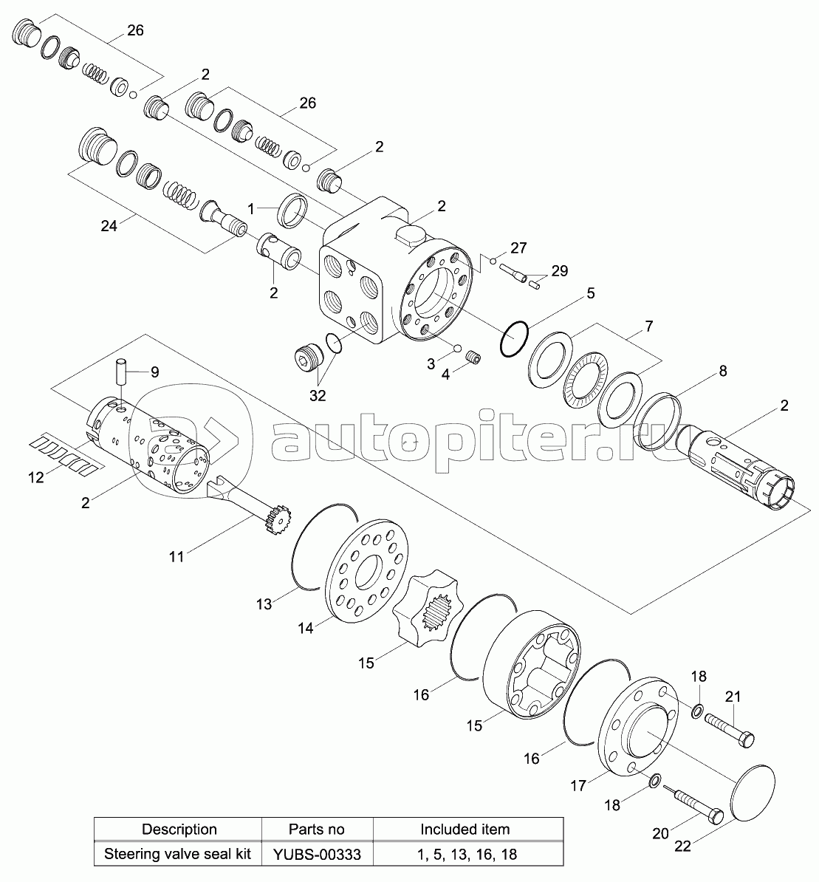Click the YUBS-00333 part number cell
[317, 854]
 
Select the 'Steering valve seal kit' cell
[177, 854]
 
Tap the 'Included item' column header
[465, 829]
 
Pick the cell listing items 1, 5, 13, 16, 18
[467, 854]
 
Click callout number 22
[682, 846]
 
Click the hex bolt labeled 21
[729, 730]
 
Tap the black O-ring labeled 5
[514, 338]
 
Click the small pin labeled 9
[122, 372]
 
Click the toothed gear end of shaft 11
[278, 519]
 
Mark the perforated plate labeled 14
[366, 570]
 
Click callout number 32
[318, 395]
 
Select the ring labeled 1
[293, 211]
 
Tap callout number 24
[109, 225]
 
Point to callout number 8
[723, 371]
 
